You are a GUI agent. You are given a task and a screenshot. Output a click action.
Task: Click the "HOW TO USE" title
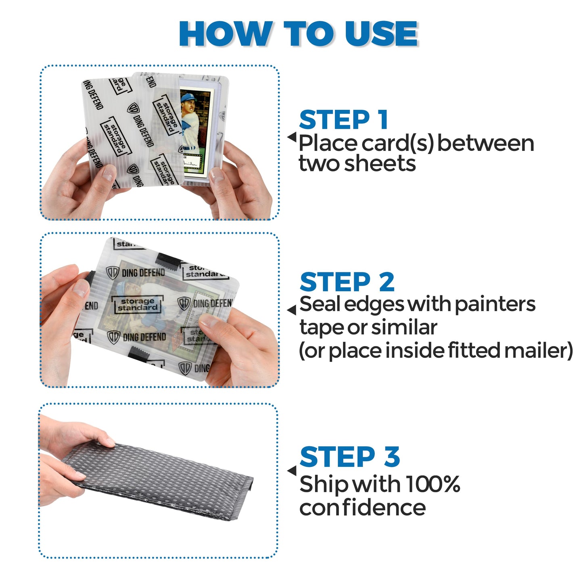click(x=299, y=34)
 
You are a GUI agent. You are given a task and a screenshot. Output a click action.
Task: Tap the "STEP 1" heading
click(x=343, y=120)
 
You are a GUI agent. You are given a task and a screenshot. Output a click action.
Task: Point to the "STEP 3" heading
click(x=349, y=457)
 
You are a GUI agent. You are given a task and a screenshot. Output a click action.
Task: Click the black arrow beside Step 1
click(x=292, y=137)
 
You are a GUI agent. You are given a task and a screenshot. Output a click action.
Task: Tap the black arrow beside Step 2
click(x=292, y=310)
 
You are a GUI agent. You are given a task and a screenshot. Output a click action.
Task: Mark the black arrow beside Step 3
click(x=292, y=470)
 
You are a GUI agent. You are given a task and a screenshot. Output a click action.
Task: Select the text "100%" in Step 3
click(x=433, y=484)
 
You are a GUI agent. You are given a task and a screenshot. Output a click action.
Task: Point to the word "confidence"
click(x=362, y=508)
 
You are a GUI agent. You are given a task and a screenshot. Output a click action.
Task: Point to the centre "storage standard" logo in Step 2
click(x=137, y=305)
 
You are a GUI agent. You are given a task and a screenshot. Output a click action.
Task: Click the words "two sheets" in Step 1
click(x=357, y=164)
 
